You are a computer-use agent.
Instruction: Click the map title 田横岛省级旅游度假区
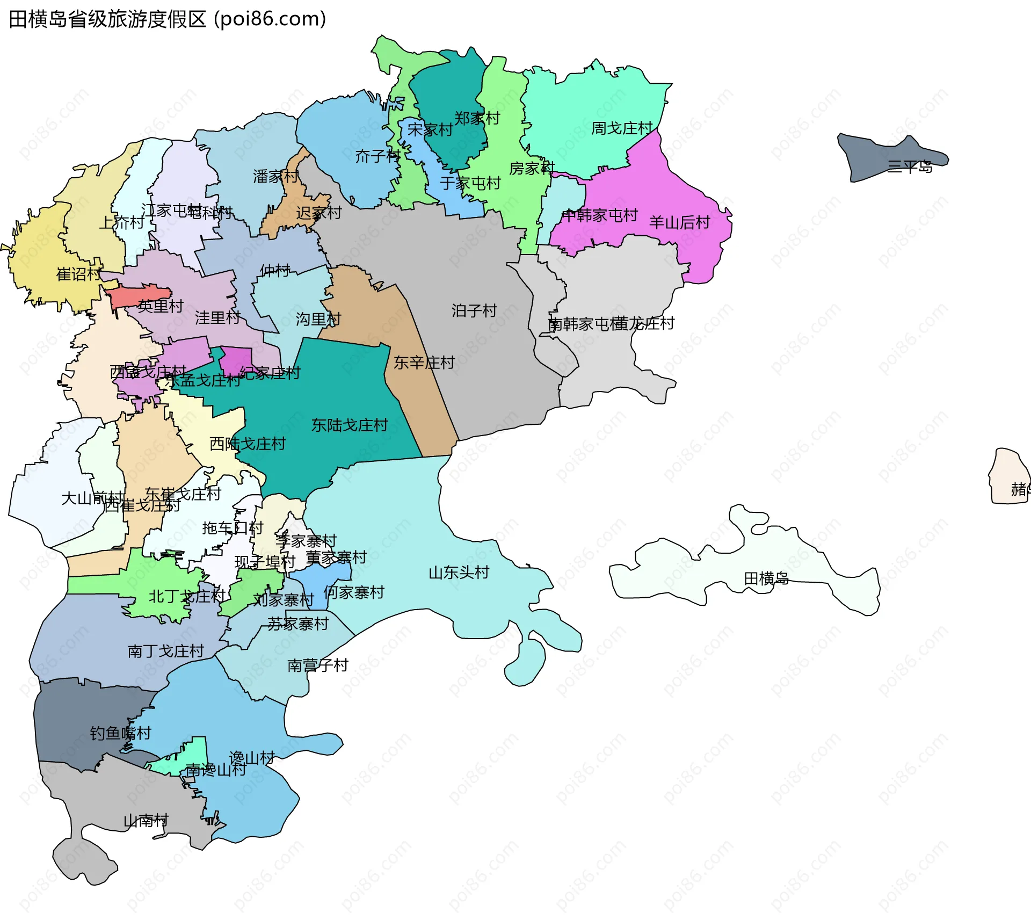[x=107, y=19]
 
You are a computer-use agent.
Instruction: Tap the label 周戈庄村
[x=621, y=128]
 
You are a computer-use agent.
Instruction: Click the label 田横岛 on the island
[x=766, y=578]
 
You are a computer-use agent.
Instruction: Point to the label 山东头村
[x=459, y=573]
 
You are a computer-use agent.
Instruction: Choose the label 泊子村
[x=474, y=310]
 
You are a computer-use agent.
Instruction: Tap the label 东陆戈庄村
[x=350, y=425]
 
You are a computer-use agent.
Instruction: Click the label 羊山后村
[x=679, y=222]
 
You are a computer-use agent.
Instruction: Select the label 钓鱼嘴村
[x=120, y=733]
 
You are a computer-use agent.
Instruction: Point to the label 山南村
[x=146, y=821]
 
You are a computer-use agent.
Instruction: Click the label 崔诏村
[x=78, y=274]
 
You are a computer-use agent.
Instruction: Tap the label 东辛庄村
[x=424, y=363]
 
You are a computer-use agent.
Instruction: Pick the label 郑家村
[x=477, y=118]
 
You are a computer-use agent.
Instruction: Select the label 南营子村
[x=318, y=665]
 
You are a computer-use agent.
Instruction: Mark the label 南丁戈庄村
[x=165, y=651]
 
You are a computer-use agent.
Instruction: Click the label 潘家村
[x=275, y=176]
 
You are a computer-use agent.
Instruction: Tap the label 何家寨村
[x=354, y=592]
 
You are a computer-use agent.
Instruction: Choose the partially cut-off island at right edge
[x=1010, y=475]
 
